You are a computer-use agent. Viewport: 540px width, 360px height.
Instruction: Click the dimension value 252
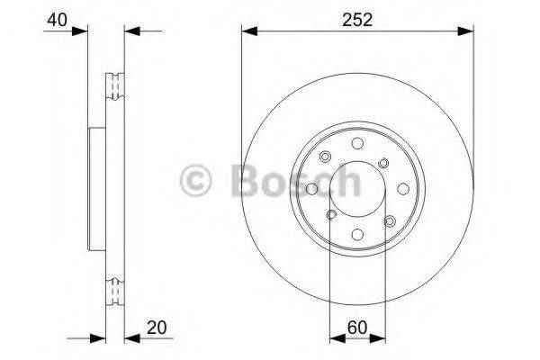click(x=357, y=20)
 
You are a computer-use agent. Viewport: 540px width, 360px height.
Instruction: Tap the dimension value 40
click(x=58, y=20)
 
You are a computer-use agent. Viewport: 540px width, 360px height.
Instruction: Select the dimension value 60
click(x=357, y=328)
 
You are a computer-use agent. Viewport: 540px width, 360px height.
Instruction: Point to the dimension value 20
click(x=157, y=328)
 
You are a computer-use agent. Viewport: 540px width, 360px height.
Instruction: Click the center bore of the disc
click(x=357, y=189)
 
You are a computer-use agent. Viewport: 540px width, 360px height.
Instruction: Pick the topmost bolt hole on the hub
click(x=357, y=143)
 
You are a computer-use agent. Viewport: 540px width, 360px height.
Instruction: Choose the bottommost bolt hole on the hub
click(x=357, y=235)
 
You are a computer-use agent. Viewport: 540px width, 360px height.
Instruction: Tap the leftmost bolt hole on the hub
click(x=312, y=189)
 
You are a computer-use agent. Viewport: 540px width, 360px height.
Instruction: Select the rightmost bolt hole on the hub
click(x=403, y=189)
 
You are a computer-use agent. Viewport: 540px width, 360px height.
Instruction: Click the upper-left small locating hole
click(x=325, y=157)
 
